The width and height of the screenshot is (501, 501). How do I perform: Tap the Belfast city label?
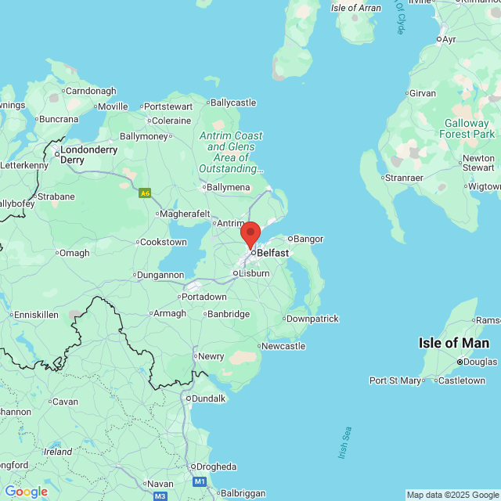[272, 253]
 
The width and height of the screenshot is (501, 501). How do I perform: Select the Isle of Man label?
[454, 343]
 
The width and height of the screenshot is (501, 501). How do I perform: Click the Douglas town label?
[480, 362]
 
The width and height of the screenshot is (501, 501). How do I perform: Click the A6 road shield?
[145, 193]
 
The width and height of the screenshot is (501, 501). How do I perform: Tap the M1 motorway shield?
[200, 481]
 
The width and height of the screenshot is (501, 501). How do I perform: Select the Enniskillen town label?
[37, 314]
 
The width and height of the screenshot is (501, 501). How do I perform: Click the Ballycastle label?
[232, 103]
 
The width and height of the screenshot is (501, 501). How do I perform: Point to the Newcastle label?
[283, 346]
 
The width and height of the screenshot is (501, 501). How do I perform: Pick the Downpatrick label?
[312, 319]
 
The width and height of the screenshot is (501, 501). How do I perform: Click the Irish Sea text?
[345, 444]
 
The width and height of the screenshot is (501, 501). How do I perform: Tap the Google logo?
[26, 492]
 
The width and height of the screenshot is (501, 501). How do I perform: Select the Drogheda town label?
[215, 467]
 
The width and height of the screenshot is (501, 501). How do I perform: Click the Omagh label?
[74, 253]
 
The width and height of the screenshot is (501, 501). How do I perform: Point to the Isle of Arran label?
[356, 8]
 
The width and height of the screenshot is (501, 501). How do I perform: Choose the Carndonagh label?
[91, 91]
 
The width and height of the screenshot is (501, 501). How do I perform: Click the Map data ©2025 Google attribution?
[452, 495]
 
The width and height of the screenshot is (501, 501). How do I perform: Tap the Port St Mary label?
[395, 380]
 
